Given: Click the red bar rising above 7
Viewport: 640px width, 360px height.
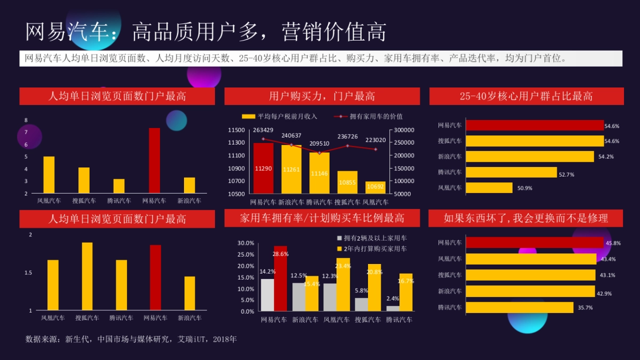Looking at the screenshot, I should [x=154, y=160].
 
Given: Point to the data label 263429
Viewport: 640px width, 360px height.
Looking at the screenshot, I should [x=263, y=130].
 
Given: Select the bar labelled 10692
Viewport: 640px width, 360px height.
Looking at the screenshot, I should [x=375, y=187].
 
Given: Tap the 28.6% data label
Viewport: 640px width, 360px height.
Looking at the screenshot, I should [x=281, y=254].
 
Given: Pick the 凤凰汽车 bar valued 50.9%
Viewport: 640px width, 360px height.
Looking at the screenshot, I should [x=489, y=188].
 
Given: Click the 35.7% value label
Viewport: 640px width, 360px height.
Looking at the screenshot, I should [x=585, y=308].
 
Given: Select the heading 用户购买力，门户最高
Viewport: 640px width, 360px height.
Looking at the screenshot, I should [x=322, y=97].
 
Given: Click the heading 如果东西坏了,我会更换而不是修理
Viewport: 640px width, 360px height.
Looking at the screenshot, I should [x=525, y=218].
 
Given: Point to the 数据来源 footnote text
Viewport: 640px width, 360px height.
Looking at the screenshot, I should [x=131, y=339].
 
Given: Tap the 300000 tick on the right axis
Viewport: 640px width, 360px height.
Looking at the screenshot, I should [x=404, y=130].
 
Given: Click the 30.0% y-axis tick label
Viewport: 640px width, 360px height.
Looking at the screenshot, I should [x=245, y=243].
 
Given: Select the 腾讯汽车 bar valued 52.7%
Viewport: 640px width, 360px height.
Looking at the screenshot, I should [x=511, y=172].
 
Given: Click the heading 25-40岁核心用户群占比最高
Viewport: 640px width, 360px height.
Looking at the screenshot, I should [x=526, y=97].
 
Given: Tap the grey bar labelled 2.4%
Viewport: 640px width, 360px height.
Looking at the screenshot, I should [x=393, y=308].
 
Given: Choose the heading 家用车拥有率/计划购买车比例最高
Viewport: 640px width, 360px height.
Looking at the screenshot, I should [x=322, y=218].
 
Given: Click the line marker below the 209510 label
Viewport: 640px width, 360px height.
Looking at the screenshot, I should [x=319, y=153].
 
